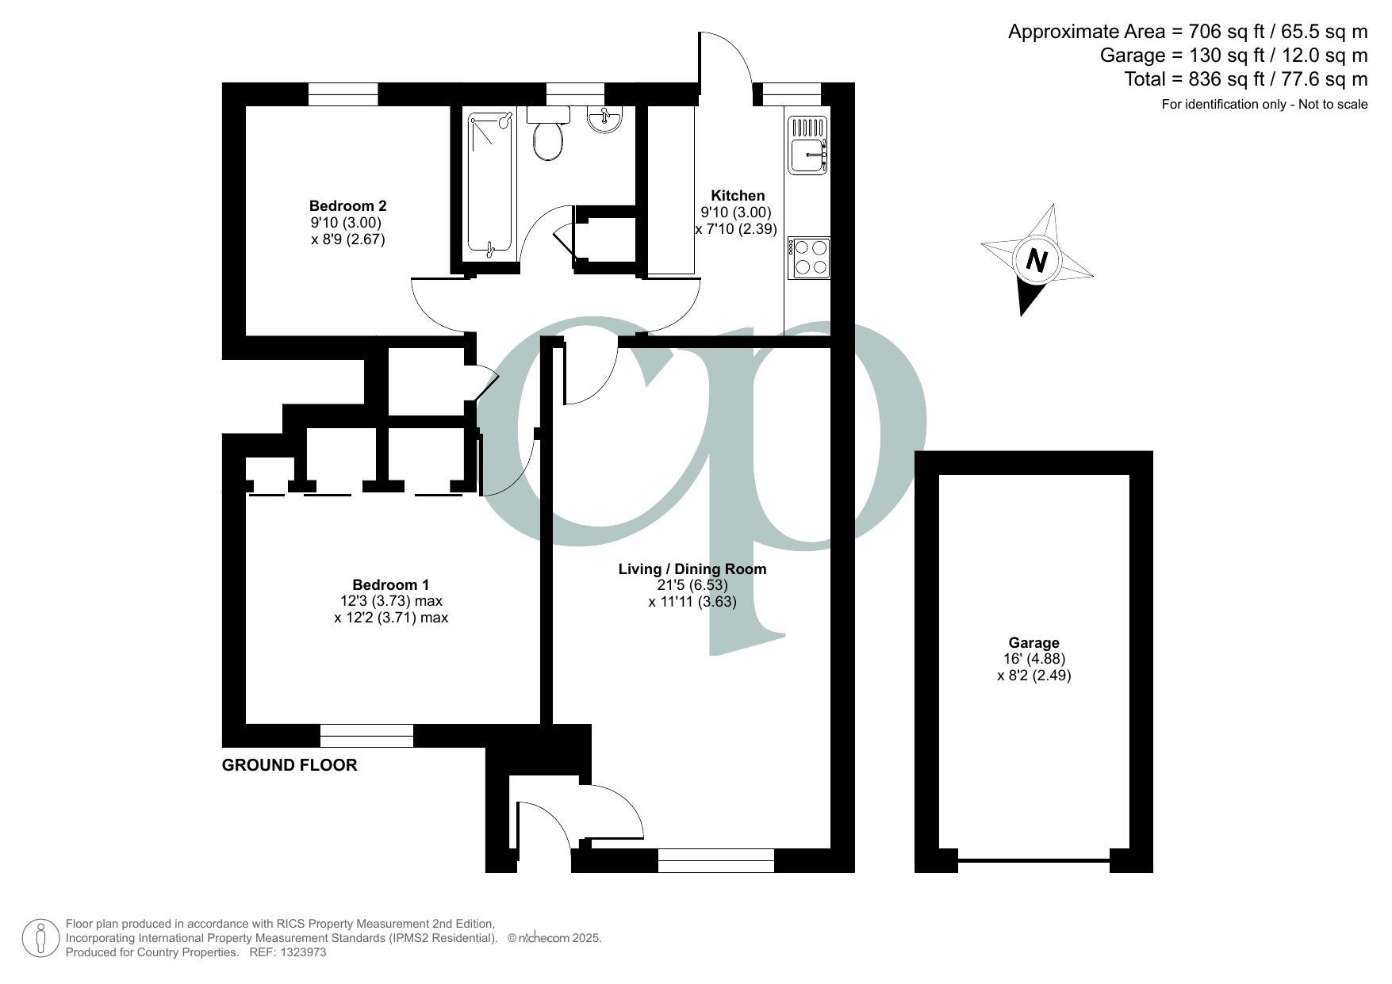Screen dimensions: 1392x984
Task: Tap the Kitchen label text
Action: pyautogui.click(x=738, y=195)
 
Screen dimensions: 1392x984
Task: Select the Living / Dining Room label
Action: pyautogui.click(x=692, y=569)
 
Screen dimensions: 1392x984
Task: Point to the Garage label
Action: pyautogui.click(x=1033, y=643)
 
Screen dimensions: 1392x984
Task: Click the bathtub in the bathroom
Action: pyautogui.click(x=490, y=185)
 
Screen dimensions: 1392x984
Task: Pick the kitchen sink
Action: pyautogui.click(x=808, y=144)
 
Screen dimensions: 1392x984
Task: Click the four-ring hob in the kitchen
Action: pyautogui.click(x=809, y=258)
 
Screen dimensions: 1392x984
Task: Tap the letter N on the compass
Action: pyautogui.click(x=1036, y=260)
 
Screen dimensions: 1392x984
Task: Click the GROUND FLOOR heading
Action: pyautogui.click(x=290, y=765)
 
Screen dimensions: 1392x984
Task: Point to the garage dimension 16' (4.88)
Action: pyautogui.click(x=1033, y=659)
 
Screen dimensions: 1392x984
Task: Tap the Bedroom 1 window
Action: pyautogui.click(x=367, y=736)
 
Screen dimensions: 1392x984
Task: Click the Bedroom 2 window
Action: pyautogui.click(x=343, y=94)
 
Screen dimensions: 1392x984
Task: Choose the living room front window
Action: pyautogui.click(x=716, y=860)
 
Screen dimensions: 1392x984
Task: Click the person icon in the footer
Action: pyautogui.click(x=41, y=938)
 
